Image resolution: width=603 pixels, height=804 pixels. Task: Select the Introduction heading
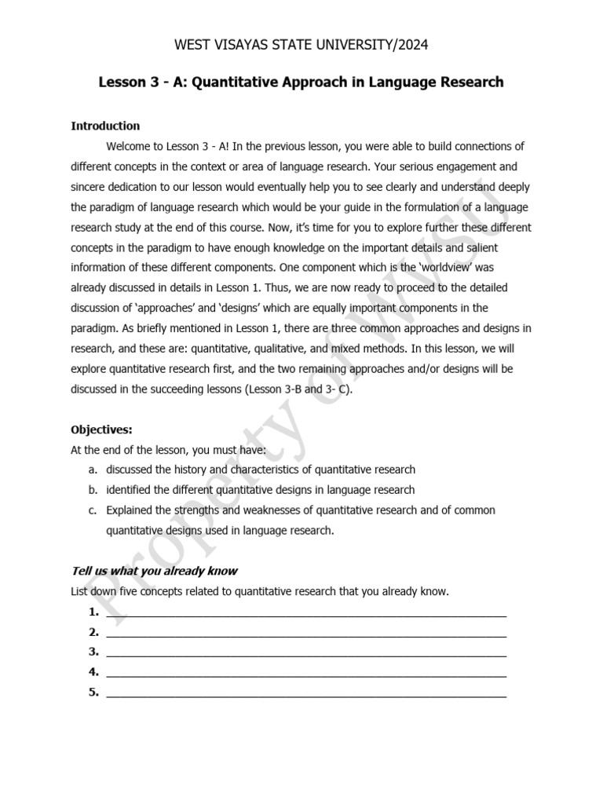tap(105, 126)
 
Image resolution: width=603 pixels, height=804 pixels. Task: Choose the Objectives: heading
tap(101, 429)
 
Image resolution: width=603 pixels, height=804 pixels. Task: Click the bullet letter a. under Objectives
tap(92, 470)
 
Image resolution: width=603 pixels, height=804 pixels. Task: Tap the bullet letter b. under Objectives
tap(92, 490)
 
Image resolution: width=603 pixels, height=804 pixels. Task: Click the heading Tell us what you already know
tap(154, 571)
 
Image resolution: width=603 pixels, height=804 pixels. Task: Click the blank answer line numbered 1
tap(306, 612)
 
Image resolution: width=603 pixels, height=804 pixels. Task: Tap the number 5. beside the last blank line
tap(93, 692)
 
